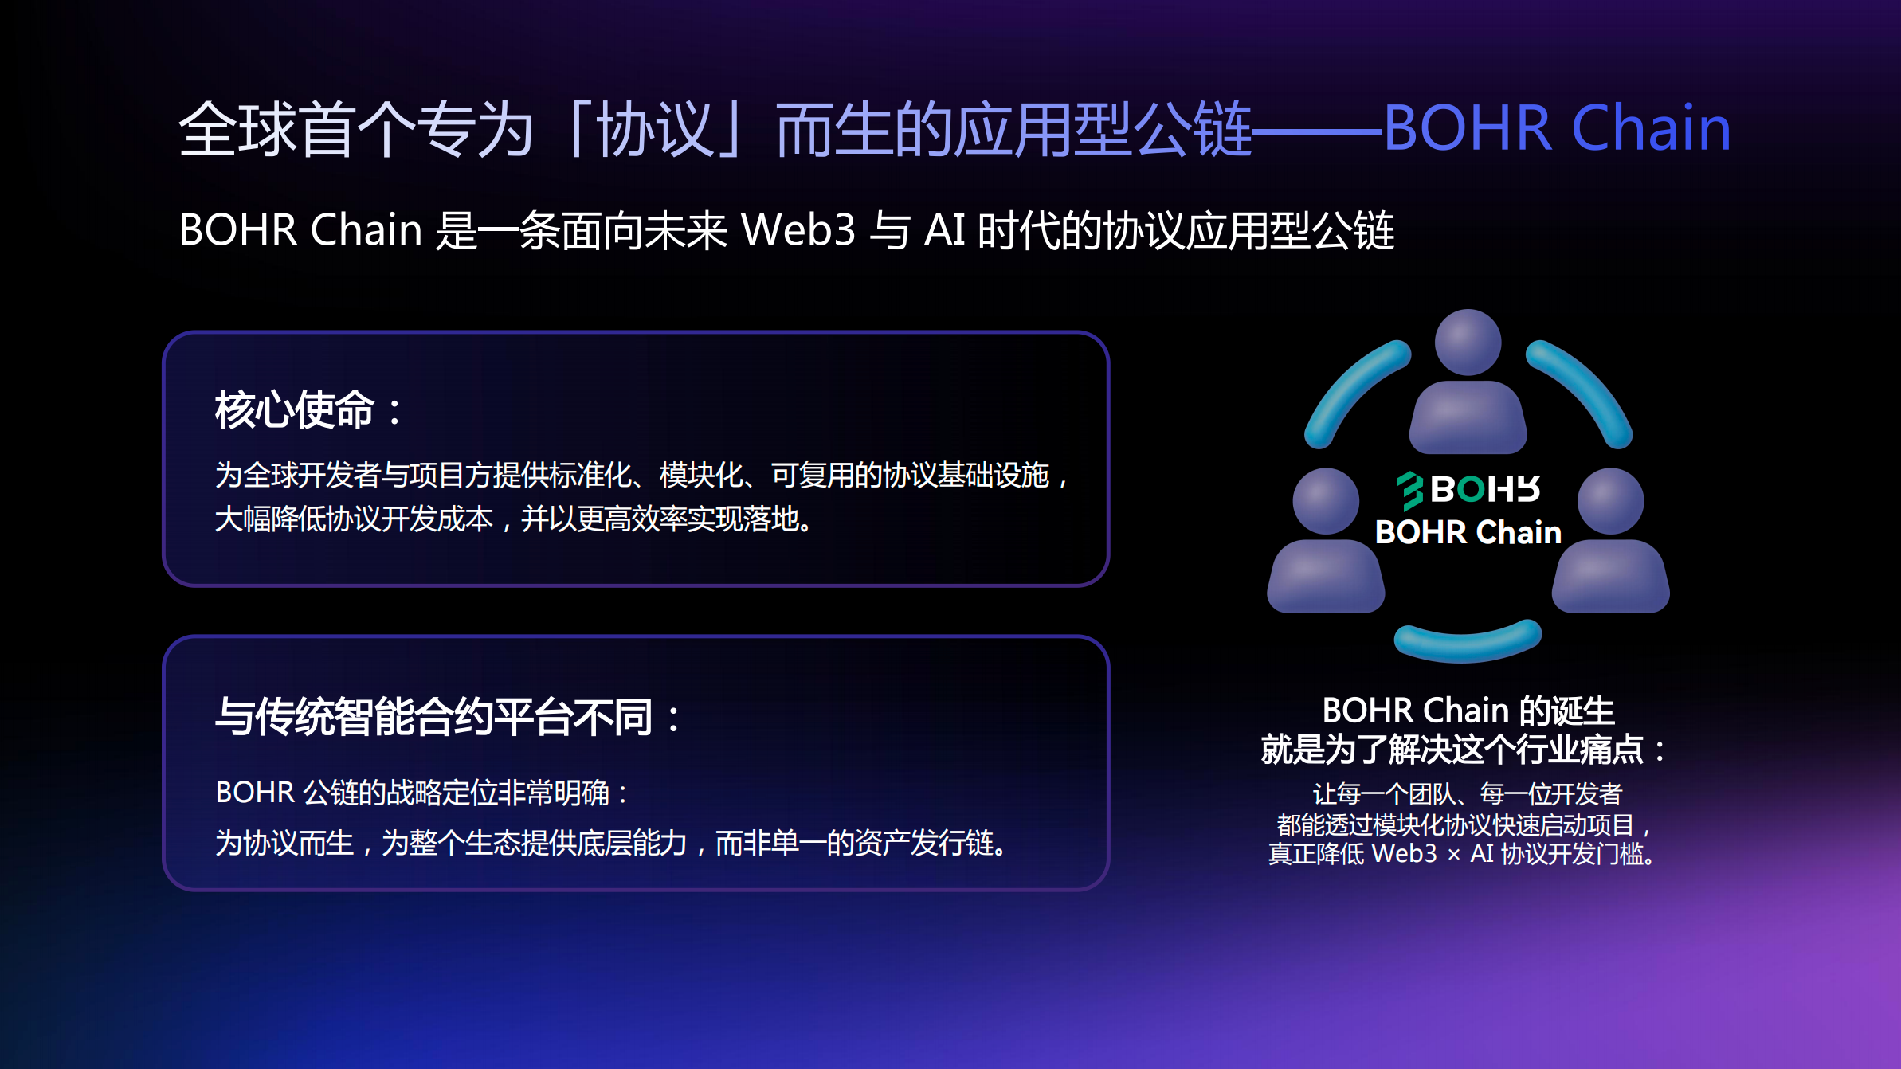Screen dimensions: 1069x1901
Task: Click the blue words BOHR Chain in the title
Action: [1557, 128]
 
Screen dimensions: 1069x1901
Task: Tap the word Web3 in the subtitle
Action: [798, 230]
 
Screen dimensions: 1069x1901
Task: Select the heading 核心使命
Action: [295, 409]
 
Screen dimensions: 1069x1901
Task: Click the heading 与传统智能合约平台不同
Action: [434, 716]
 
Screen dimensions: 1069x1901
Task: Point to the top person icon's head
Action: [1468, 343]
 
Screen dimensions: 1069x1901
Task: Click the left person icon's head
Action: [1326, 501]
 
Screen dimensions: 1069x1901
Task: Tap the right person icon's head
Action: [1610, 501]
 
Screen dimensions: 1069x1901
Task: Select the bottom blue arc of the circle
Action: [1468, 644]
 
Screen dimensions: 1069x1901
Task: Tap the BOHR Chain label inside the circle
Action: [1468, 532]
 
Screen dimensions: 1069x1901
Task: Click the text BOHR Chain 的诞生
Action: [1468, 710]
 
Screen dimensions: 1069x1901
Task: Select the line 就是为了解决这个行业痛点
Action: [1452, 750]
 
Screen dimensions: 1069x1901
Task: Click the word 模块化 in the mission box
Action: [701, 475]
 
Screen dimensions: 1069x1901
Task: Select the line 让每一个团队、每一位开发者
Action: [1467, 793]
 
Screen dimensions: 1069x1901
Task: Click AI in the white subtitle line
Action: [945, 230]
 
